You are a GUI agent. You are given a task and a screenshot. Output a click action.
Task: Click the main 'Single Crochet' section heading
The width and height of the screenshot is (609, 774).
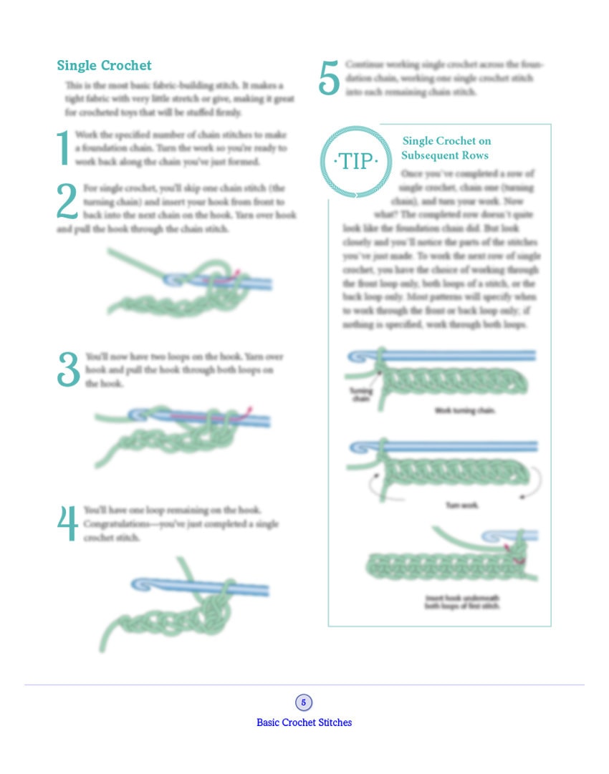(x=104, y=66)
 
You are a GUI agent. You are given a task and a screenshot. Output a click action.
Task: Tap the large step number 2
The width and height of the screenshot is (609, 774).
(x=67, y=200)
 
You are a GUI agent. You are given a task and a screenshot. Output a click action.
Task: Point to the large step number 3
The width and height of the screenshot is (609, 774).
(x=69, y=370)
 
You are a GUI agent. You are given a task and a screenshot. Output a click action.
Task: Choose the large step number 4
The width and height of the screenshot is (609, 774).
(x=67, y=523)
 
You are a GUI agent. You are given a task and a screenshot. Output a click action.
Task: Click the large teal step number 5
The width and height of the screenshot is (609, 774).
(x=329, y=78)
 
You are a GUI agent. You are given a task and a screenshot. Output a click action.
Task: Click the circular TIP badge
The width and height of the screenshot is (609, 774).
(x=357, y=161)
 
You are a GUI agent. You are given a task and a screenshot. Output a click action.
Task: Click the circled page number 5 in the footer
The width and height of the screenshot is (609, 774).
(x=304, y=702)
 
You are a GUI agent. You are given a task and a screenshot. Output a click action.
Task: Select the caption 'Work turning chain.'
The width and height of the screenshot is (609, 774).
(x=465, y=411)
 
